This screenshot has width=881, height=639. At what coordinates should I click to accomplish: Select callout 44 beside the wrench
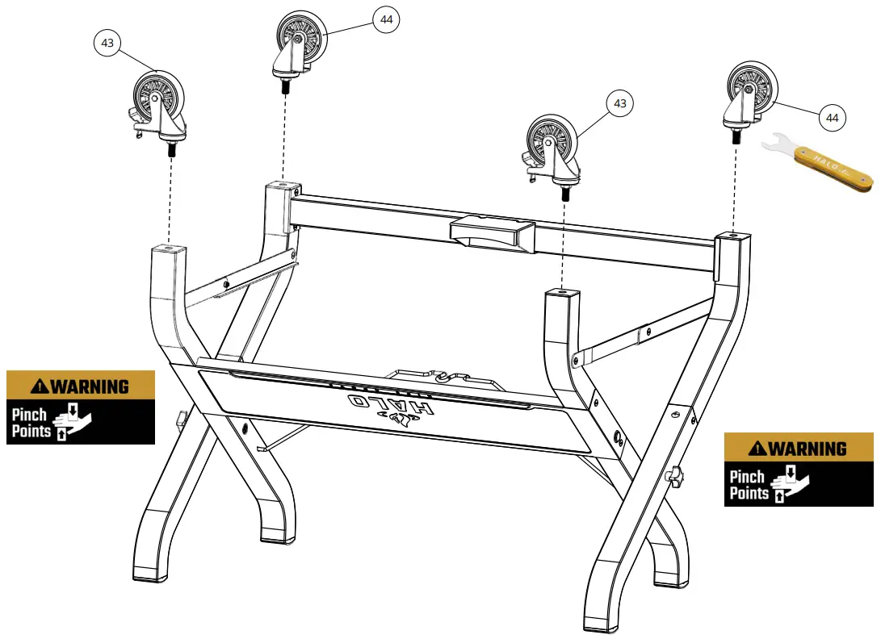pos(833,118)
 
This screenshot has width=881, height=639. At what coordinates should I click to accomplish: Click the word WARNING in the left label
pos(89,386)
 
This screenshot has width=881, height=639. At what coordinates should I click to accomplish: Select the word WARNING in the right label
pos(807,449)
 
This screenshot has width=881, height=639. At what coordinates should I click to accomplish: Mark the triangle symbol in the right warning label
pos(757,449)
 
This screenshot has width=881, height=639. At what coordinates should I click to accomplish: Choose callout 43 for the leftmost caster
pos(107,43)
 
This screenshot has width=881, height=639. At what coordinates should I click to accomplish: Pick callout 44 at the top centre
pos(387,19)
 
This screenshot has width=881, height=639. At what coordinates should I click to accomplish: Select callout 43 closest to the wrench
pos(619,103)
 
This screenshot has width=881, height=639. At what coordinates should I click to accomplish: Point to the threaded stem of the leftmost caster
pos(171,150)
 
